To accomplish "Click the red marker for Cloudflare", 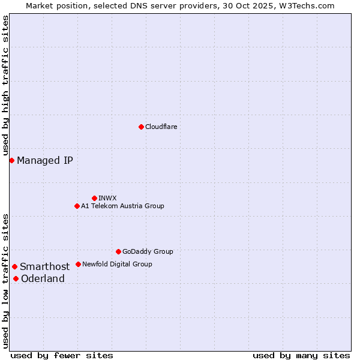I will point(141,127).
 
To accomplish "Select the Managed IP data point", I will point(11,160).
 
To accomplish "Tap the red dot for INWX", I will point(94,198).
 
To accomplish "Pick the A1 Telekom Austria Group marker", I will point(77,206).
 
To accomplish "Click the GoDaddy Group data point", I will point(118,251).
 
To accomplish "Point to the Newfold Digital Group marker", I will point(78,264).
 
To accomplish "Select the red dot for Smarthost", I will point(14,266).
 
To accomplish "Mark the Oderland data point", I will point(16,278).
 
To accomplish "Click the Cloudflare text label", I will point(161,127).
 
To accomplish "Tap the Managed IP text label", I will point(45,160).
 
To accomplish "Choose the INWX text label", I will point(107,198).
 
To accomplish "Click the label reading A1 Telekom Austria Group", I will point(122,206).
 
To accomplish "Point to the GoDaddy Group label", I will point(148,251).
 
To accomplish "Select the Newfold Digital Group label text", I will point(117,264).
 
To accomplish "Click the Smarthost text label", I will point(44,266).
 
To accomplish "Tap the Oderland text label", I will point(43,278).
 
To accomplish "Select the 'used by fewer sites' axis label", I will point(62,355).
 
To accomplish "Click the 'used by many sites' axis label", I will point(301,355).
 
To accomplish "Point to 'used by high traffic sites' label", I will point(5,86).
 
